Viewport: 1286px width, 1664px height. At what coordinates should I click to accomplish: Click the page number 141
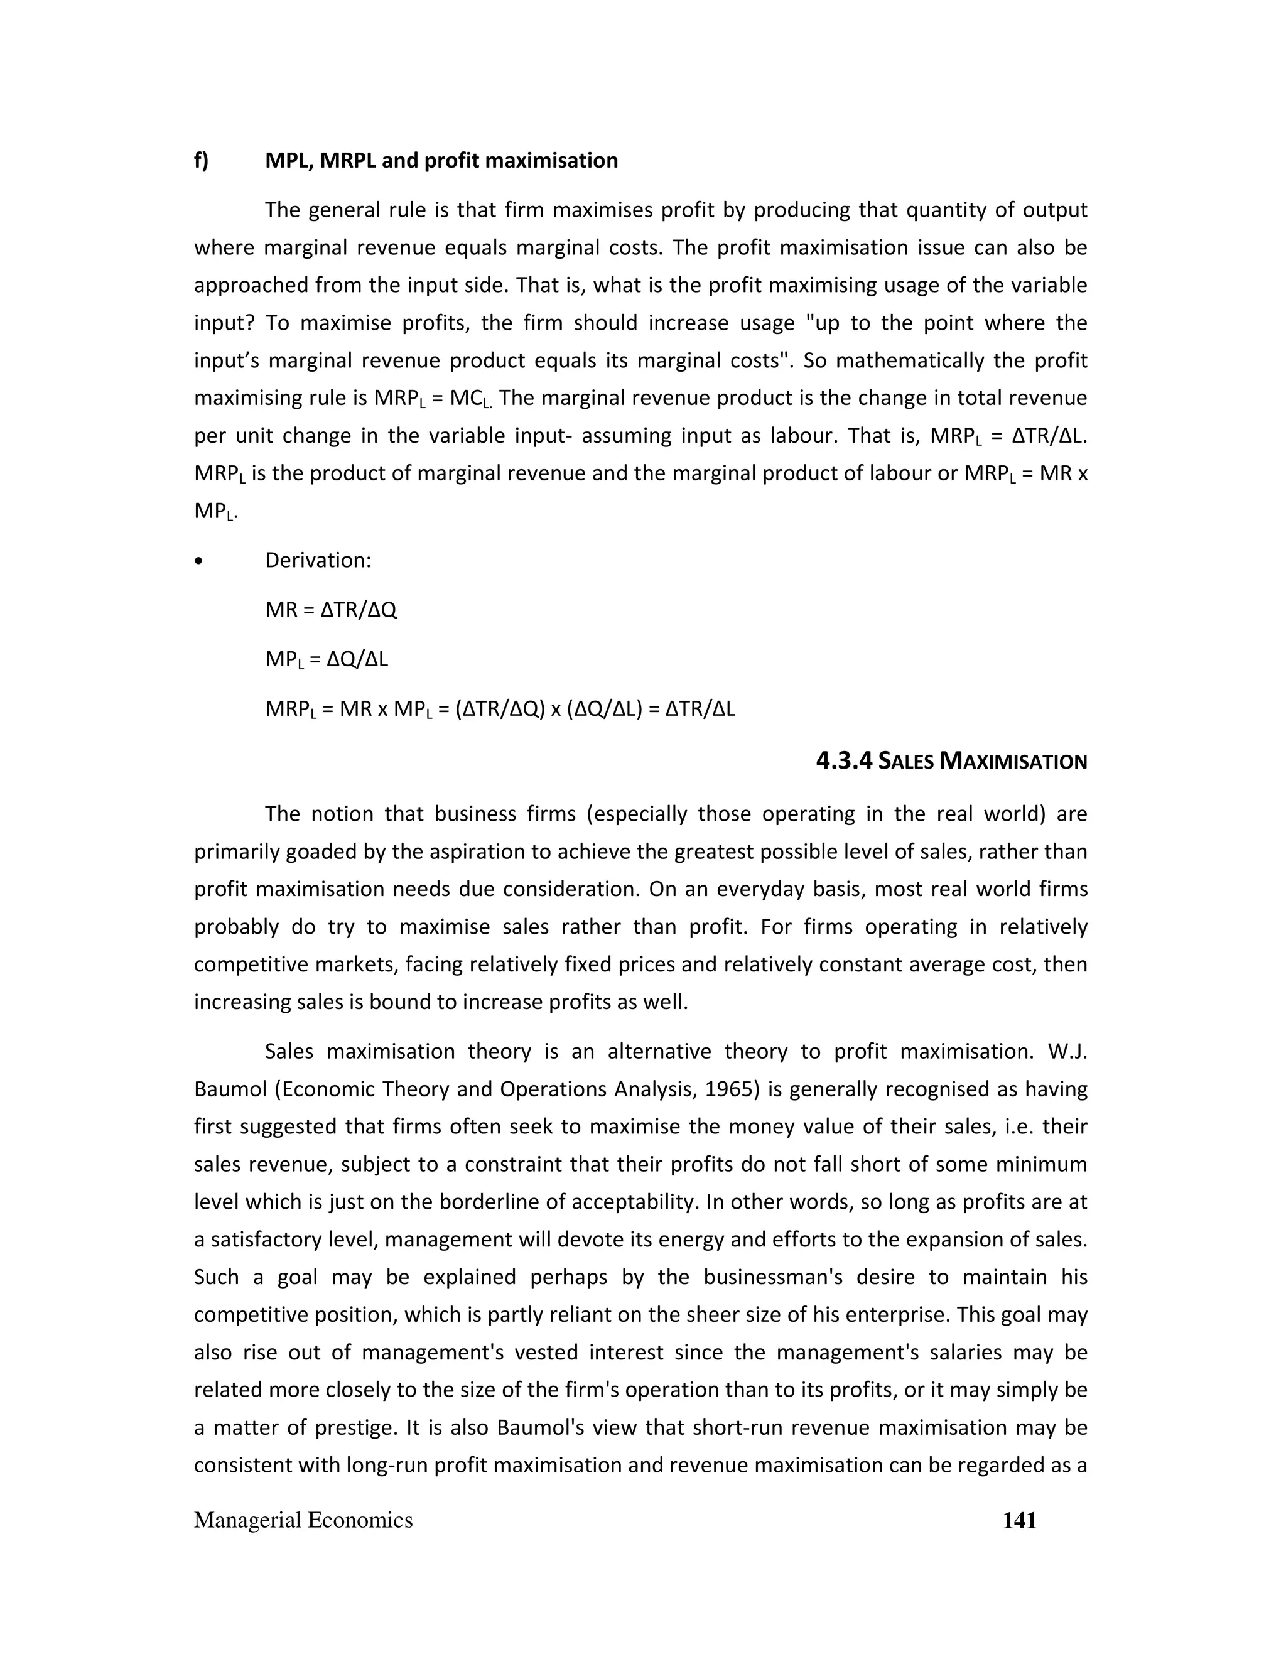coord(1019,1520)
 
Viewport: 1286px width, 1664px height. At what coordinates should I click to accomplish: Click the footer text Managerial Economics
coord(303,1520)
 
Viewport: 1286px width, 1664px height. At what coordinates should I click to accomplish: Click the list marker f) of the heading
coord(201,161)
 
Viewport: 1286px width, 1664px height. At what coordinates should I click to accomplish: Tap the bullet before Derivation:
coord(199,561)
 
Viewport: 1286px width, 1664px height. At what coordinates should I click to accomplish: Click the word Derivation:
coord(318,560)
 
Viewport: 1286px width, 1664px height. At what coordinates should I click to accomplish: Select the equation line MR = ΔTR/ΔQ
coord(331,610)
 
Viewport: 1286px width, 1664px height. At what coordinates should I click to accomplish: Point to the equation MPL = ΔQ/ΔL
coord(326,659)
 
